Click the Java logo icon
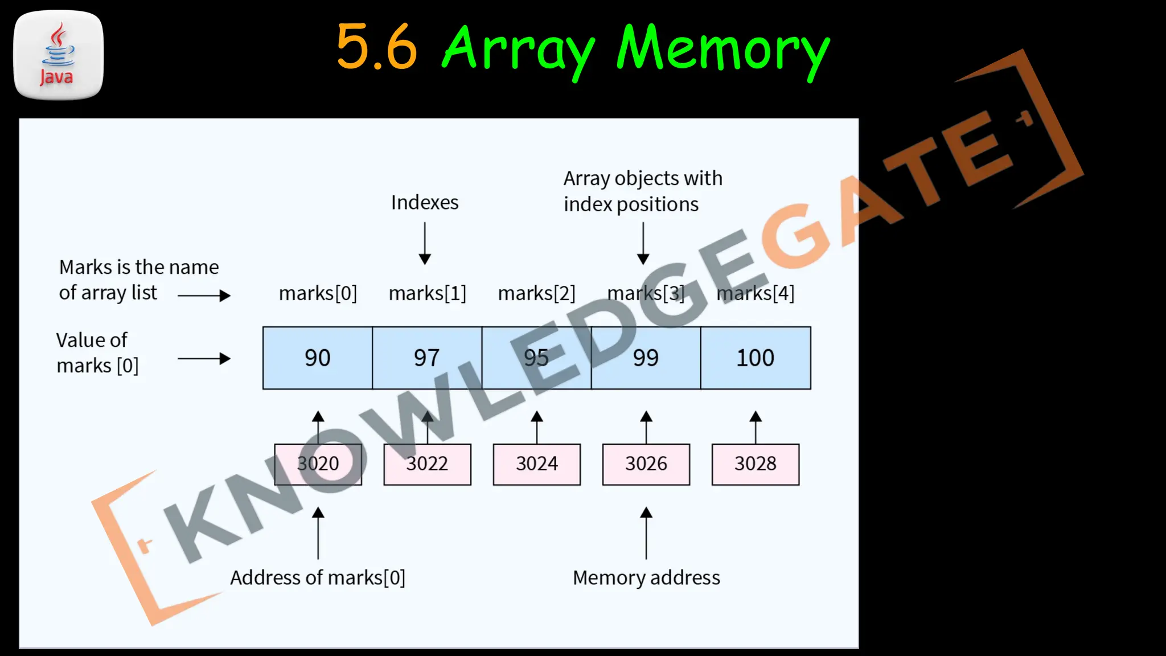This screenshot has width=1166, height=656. pyautogui.click(x=58, y=55)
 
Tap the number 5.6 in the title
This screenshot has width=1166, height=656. pyautogui.click(x=377, y=47)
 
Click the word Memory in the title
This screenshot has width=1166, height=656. pyautogui.click(x=723, y=50)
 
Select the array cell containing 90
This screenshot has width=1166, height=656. pyautogui.click(x=318, y=358)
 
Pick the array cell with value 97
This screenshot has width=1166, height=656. pyautogui.click(x=427, y=358)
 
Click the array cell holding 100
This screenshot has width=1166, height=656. pyautogui.click(x=756, y=358)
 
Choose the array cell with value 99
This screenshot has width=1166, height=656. pyautogui.click(x=646, y=358)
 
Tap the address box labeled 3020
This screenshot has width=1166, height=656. pyautogui.click(x=318, y=464)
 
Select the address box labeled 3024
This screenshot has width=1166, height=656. pyautogui.click(x=537, y=464)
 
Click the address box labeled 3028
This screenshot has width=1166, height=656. pyautogui.click(x=756, y=464)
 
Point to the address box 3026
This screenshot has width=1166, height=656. pyautogui.click(x=646, y=464)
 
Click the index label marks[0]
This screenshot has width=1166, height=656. pyautogui.click(x=318, y=293)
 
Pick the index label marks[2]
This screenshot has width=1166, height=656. pyautogui.click(x=537, y=293)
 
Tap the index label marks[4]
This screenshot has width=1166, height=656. pyautogui.click(x=756, y=293)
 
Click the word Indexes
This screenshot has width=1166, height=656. pyautogui.click(x=425, y=203)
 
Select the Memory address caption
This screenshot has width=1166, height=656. pyautogui.click(x=646, y=578)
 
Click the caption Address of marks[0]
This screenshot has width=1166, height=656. pyautogui.click(x=318, y=578)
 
